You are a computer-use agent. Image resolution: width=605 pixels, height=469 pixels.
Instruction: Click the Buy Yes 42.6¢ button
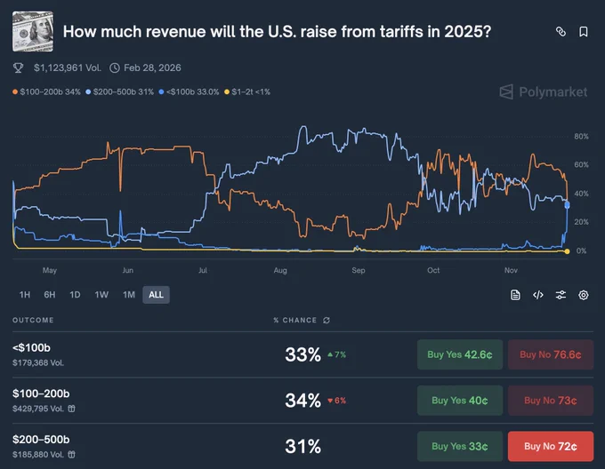pos(460,354)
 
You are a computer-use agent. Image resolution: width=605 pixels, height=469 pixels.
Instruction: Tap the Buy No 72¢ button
pos(551,446)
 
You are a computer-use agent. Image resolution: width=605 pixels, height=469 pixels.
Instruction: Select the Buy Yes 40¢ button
pos(460,401)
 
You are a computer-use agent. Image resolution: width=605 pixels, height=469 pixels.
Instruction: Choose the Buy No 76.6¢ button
pos(551,354)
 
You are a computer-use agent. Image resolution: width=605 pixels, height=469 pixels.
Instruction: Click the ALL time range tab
pos(156,295)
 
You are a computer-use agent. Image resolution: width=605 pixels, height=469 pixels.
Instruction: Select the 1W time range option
pos(101,295)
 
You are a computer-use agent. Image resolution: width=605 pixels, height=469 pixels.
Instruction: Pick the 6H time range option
pos(50,295)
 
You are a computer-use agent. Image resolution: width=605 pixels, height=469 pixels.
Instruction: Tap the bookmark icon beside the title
pos(584,32)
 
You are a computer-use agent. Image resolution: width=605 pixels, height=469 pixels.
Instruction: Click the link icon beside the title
pos(561,32)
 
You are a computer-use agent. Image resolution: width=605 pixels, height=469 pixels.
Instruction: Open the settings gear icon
pos(584,295)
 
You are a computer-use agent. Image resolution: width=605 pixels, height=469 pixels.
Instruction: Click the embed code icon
pos(538,295)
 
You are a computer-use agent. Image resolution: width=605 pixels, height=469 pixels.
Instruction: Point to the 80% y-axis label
pos(581,136)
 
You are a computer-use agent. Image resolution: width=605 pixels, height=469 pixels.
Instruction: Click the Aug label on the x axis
pos(280,270)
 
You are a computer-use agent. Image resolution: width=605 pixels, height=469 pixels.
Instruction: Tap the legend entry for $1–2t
pos(247,92)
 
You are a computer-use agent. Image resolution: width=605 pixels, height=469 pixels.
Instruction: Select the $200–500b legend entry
pos(119,92)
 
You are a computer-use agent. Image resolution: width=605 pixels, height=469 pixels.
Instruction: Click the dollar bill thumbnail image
pos(33,32)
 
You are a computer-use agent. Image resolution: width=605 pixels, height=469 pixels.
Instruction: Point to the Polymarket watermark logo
pos(544,92)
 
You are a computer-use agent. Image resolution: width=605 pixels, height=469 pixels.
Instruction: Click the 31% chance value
pos(302,447)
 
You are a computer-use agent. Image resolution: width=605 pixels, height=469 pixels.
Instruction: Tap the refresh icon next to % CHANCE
pos(327,321)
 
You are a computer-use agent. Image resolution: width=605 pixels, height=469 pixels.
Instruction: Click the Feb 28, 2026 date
pos(152,68)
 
